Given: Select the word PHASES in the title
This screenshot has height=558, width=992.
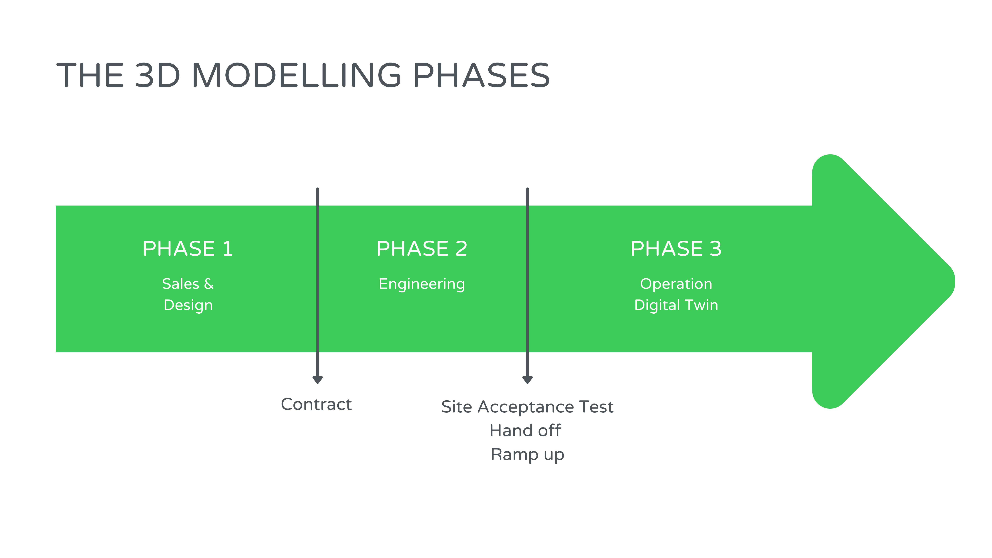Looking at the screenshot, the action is [x=481, y=75].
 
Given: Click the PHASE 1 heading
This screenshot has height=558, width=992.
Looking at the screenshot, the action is [x=188, y=248].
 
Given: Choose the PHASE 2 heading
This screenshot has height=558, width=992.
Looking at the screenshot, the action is [x=422, y=248].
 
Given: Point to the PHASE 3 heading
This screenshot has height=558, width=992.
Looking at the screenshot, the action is [x=676, y=248].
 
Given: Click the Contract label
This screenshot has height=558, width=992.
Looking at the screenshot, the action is [x=316, y=404].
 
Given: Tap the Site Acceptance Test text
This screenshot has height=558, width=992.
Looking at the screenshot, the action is [x=527, y=407].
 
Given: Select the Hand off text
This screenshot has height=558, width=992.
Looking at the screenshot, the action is [x=525, y=431].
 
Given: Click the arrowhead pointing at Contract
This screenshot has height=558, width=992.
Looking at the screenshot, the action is [x=317, y=380].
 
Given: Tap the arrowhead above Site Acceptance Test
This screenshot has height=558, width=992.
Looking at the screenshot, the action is [x=527, y=380].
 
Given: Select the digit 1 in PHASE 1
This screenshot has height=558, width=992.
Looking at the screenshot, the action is [x=228, y=248].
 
